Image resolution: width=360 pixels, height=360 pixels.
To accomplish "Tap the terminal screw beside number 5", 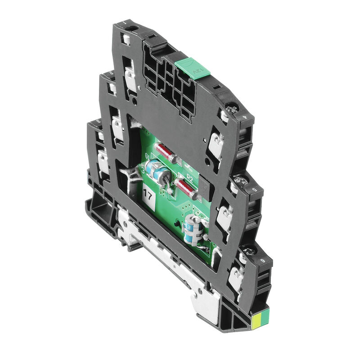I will [240, 182].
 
